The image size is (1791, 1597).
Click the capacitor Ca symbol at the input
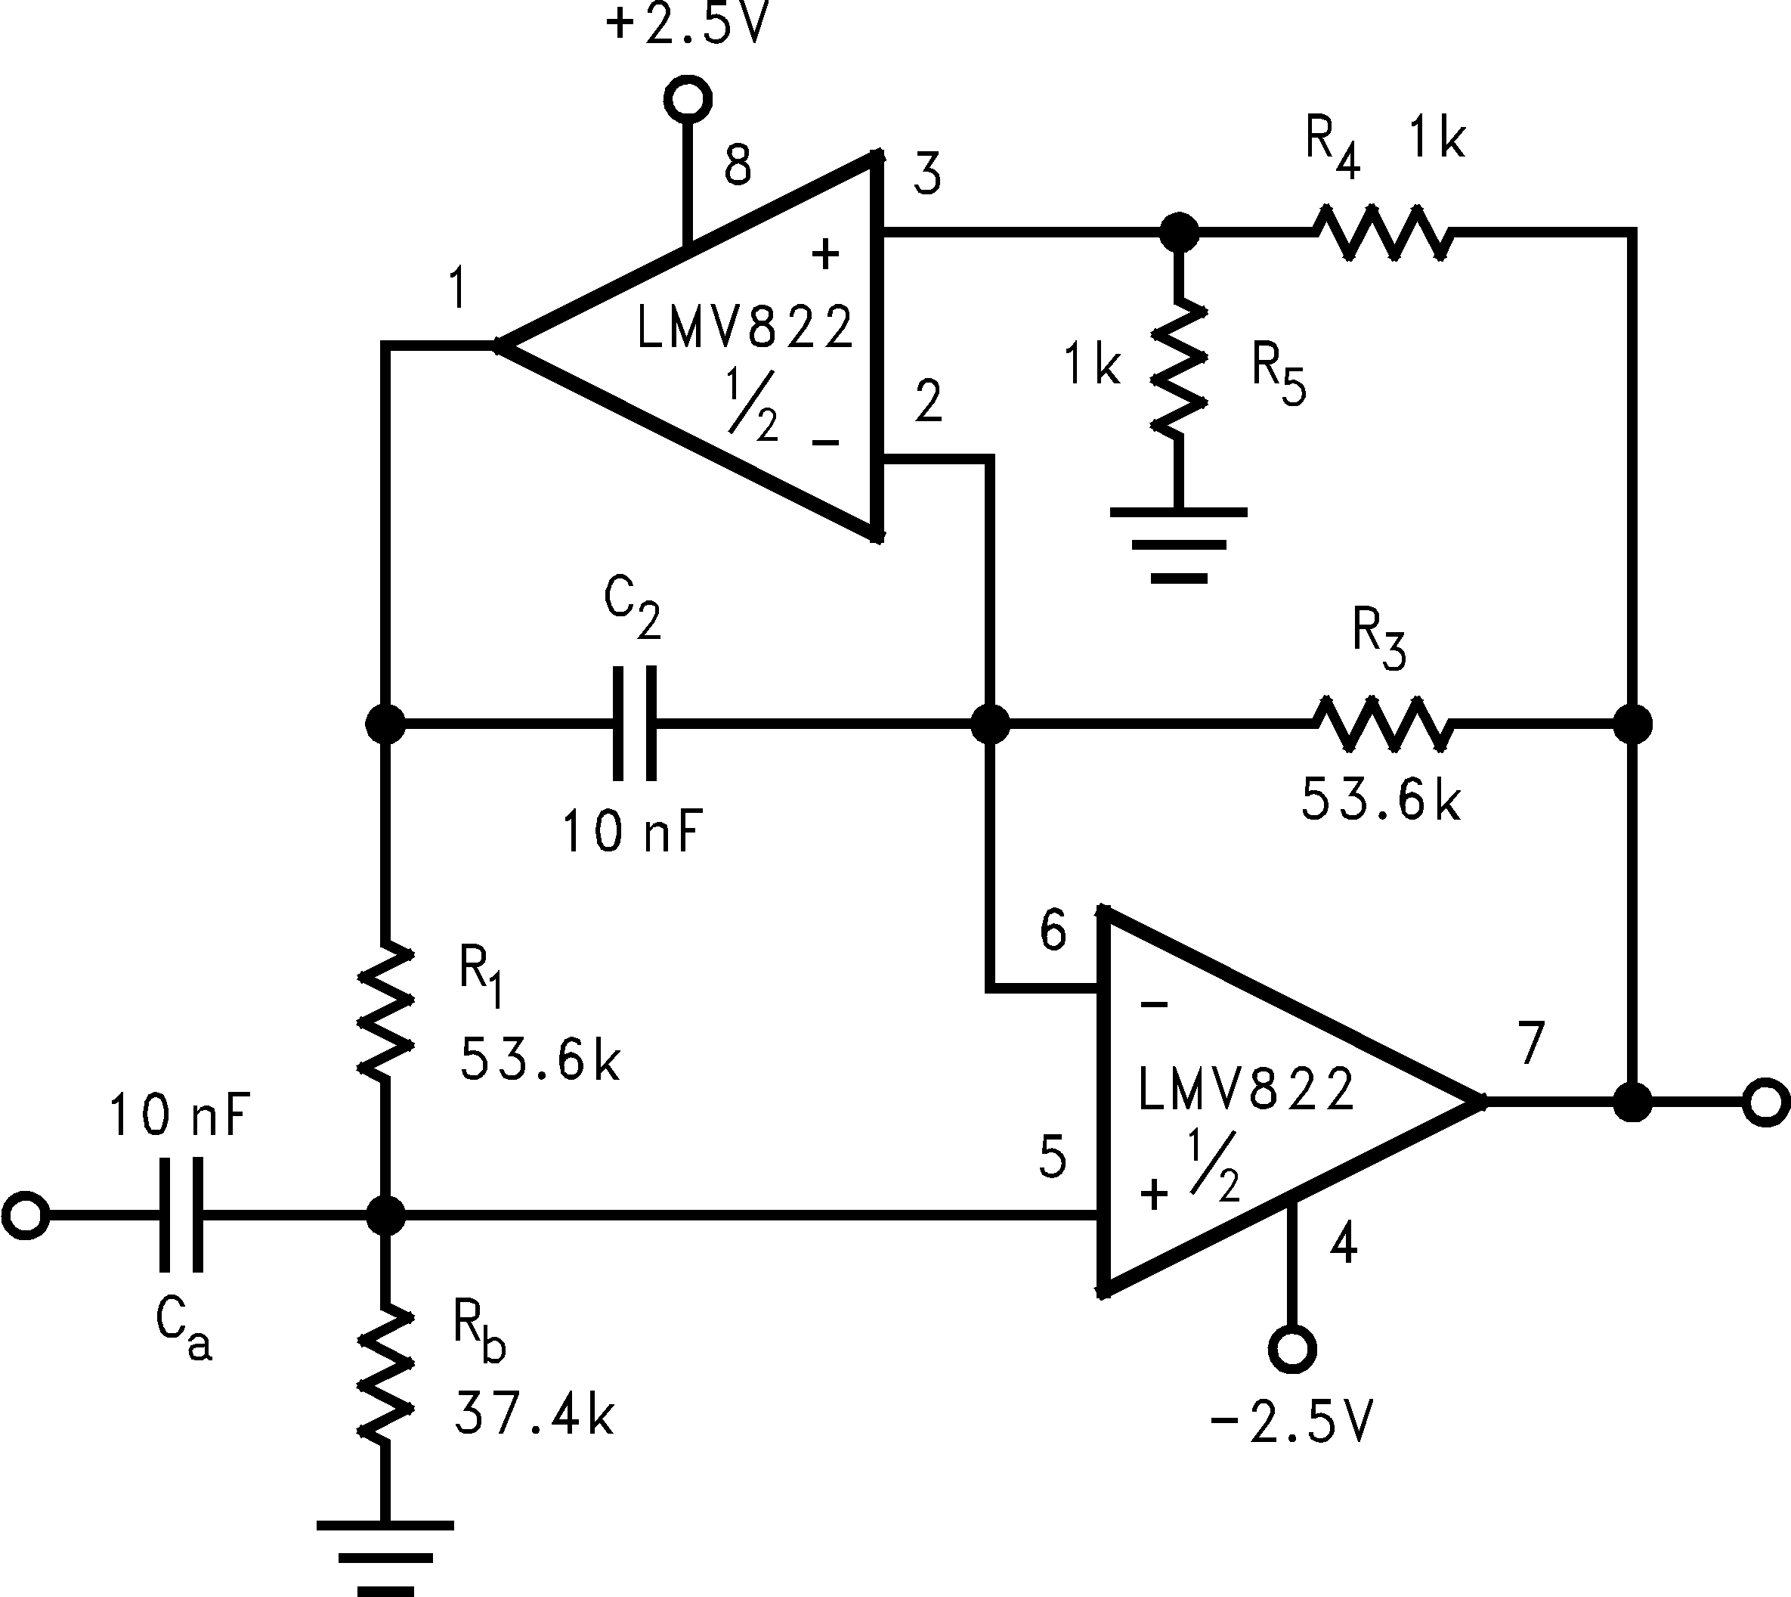click(181, 1215)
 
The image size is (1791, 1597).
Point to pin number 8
click(738, 165)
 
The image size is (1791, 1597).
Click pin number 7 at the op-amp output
click(1530, 1043)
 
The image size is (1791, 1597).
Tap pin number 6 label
click(1053, 931)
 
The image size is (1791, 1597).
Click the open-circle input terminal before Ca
click(26, 1215)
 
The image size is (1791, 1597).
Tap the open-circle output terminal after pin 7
click(1765, 1103)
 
